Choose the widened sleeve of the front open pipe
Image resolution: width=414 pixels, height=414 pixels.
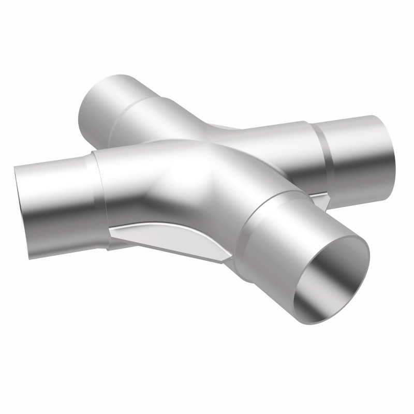point(274,228)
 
